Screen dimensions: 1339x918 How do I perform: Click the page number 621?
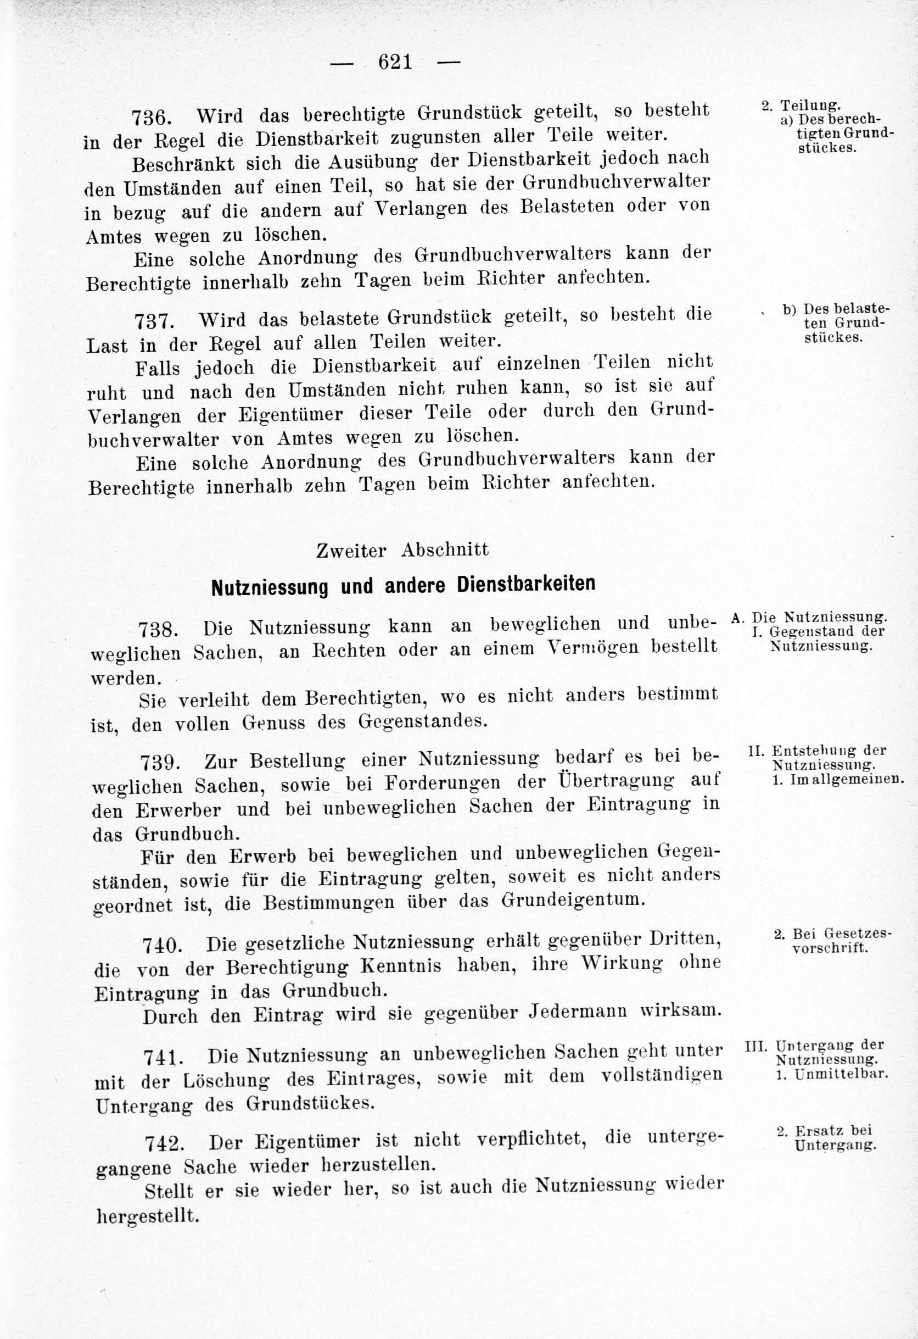pos(395,61)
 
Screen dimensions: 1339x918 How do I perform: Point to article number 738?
pos(158,630)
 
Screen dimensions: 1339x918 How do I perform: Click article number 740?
pos(163,945)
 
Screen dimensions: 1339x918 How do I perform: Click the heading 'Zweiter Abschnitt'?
pos(402,550)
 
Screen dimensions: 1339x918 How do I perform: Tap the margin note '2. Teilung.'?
pos(801,105)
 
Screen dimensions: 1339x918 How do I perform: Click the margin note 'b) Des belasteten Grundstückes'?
pos(835,322)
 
